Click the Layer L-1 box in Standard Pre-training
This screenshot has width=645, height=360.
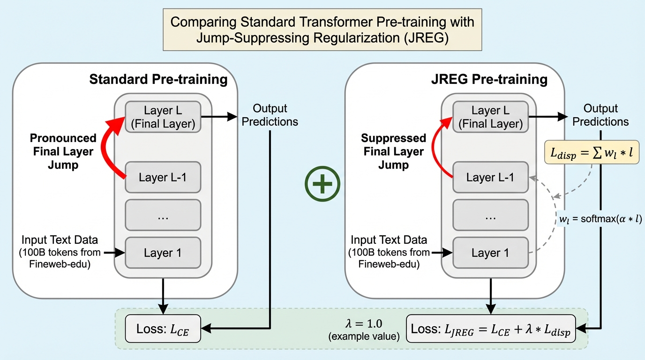click(x=163, y=177)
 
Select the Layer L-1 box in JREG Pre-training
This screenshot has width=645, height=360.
click(x=490, y=177)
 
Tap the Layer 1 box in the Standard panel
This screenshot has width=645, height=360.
click(x=163, y=253)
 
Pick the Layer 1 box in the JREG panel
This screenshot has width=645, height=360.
click(x=490, y=253)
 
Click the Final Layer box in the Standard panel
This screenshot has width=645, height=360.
click(x=163, y=117)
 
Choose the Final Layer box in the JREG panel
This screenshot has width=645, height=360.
click(x=490, y=117)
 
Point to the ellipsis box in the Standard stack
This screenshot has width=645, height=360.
click(x=163, y=215)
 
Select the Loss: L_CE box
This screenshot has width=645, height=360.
click(x=163, y=329)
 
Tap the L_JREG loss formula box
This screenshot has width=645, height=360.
click(x=490, y=329)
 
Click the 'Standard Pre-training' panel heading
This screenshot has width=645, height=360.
click(x=158, y=79)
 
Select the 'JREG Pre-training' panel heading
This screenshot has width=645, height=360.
click(x=489, y=79)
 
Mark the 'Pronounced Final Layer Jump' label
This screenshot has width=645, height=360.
click(x=63, y=151)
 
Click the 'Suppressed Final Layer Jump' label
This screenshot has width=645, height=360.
click(x=393, y=151)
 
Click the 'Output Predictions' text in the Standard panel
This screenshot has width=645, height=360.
click(x=270, y=115)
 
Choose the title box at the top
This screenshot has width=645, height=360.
click(x=322, y=30)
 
